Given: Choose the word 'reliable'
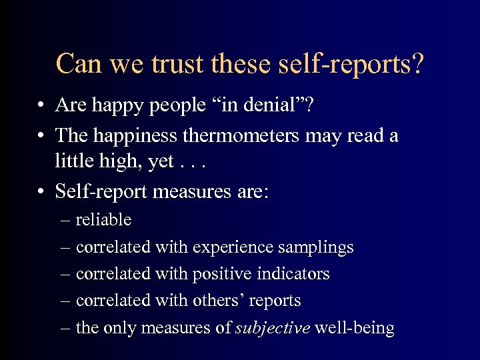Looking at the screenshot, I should (x=103, y=220).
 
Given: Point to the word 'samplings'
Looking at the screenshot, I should (x=316, y=247).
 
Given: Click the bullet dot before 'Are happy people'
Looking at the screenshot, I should (x=41, y=106).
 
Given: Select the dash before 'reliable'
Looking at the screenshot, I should (x=65, y=221).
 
